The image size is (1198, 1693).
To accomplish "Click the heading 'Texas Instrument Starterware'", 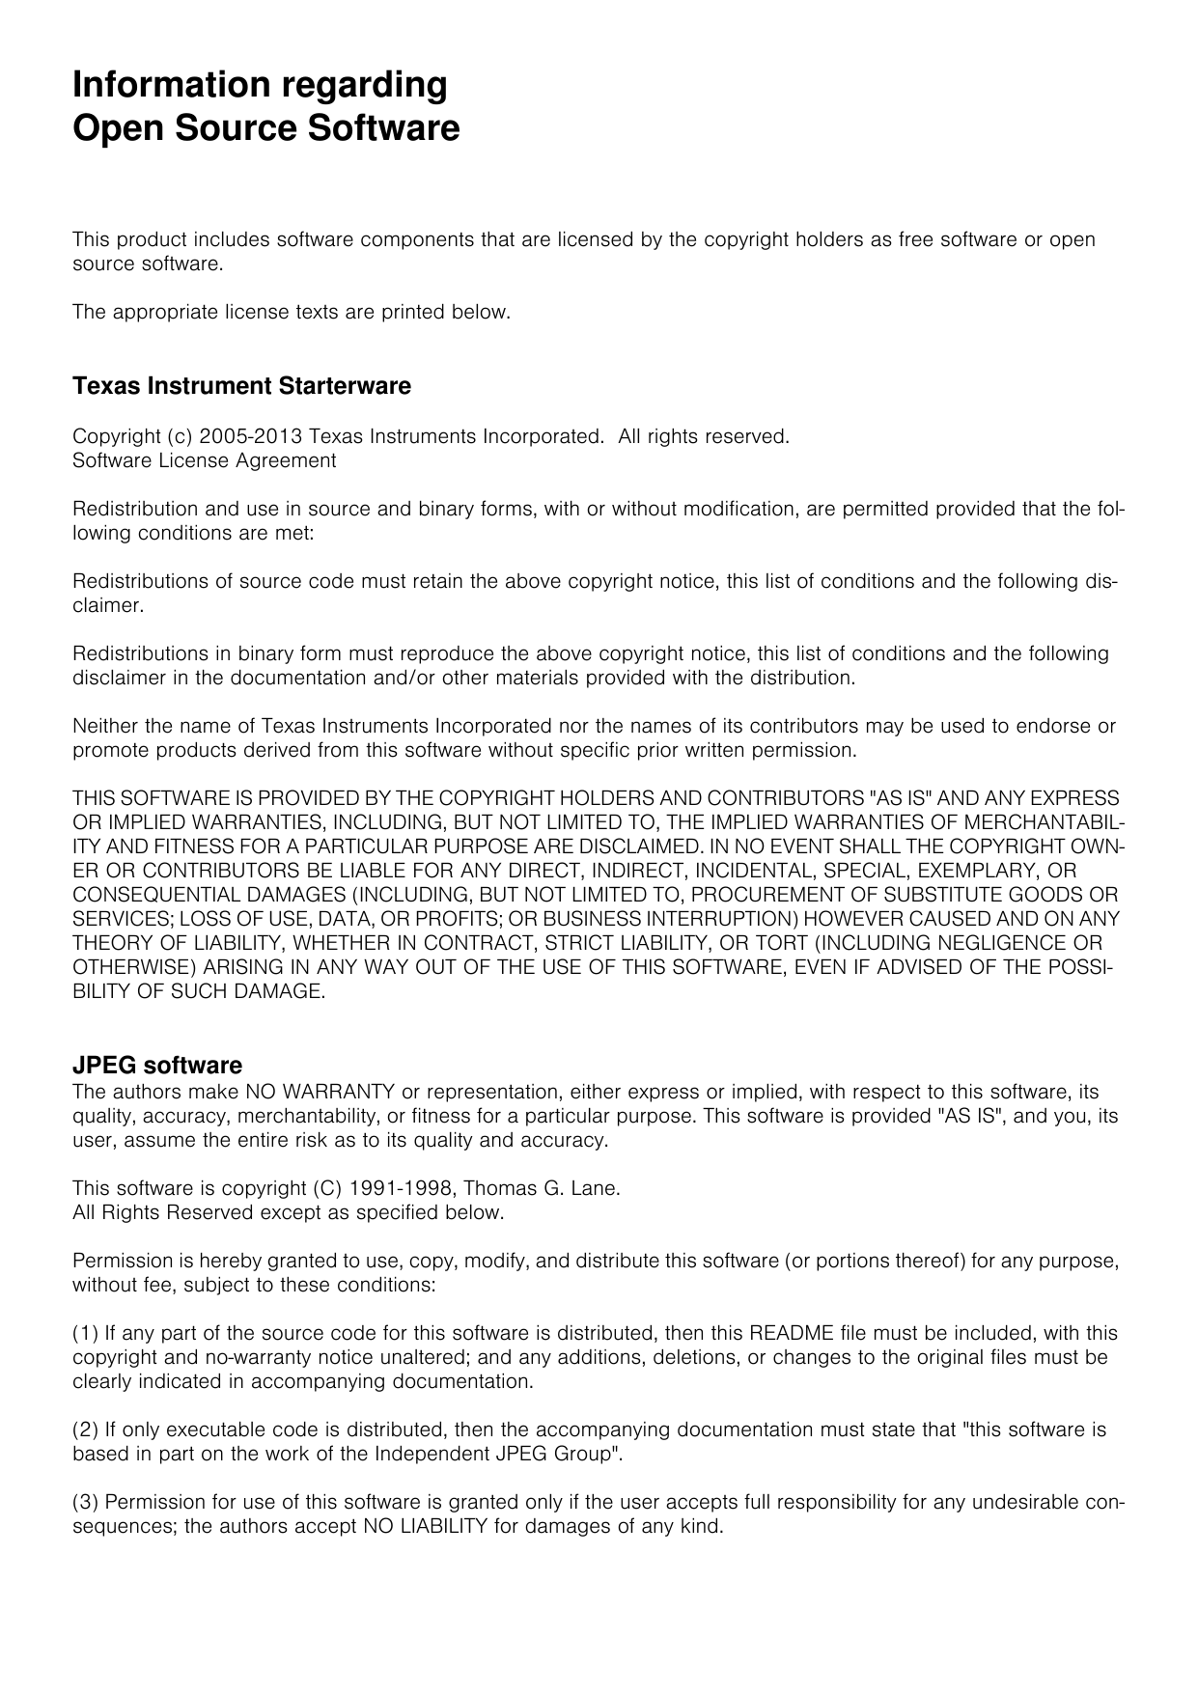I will pyautogui.click(x=241, y=386).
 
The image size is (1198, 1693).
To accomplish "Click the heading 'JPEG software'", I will pyautogui.click(x=157, y=1066).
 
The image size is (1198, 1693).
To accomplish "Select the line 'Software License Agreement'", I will pyautogui.click(x=205, y=460).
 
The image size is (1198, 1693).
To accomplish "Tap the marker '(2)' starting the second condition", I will pyautogui.click(x=86, y=1429).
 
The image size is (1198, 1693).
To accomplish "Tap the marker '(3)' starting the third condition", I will pyautogui.click(x=86, y=1502).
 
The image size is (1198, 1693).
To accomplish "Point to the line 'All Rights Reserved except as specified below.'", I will pyautogui.click(x=289, y=1212).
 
